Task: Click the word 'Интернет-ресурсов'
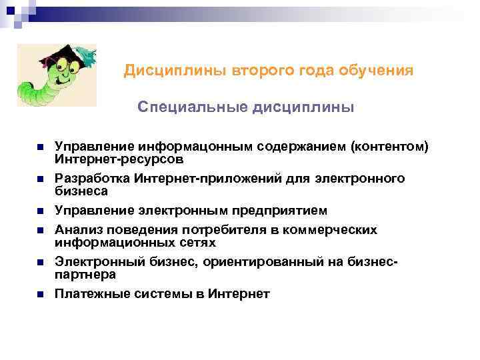[x=119, y=159]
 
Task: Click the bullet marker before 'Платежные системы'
[x=40, y=294]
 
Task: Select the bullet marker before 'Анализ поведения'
[x=40, y=230]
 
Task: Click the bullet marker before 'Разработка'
[x=40, y=179]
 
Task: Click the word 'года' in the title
[x=313, y=70]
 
